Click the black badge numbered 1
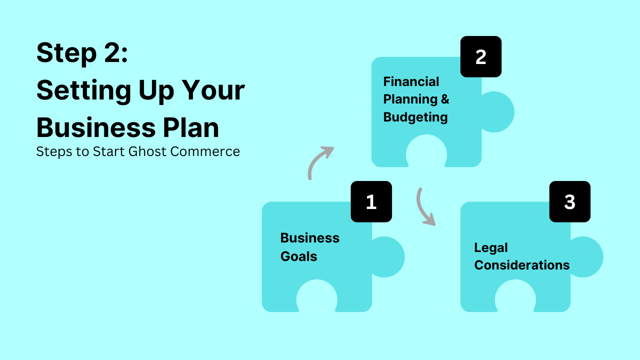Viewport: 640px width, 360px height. pyautogui.click(x=371, y=201)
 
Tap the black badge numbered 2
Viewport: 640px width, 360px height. pyautogui.click(x=480, y=56)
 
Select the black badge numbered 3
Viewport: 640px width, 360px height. pyautogui.click(x=569, y=201)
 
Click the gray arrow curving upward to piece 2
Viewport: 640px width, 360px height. pyautogui.click(x=319, y=161)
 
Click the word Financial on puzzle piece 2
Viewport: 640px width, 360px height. pyautogui.click(x=411, y=81)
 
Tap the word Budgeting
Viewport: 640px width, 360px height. pyautogui.click(x=415, y=117)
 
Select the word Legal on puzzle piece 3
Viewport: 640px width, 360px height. pyautogui.click(x=490, y=247)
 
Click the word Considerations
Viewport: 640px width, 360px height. pyautogui.click(x=521, y=265)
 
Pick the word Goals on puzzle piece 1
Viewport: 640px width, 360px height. pyautogui.click(x=298, y=256)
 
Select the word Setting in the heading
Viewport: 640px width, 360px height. pyautogui.click(x=80, y=90)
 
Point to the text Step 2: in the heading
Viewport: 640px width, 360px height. pyautogui.click(x=82, y=52)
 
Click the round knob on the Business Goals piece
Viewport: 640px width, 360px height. pyautogui.click(x=387, y=257)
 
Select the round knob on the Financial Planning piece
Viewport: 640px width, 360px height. pyautogui.click(x=497, y=112)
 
